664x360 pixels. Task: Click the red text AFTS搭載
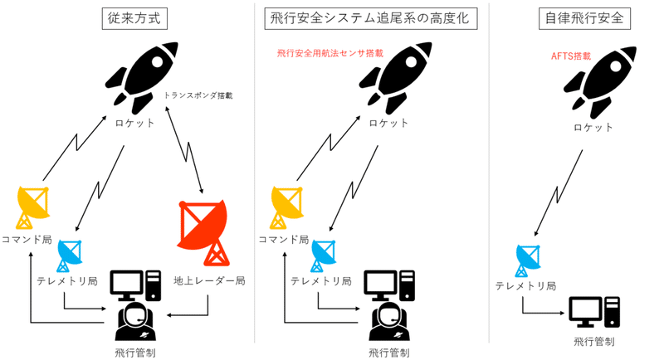pyautogui.click(x=570, y=56)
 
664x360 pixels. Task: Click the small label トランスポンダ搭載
pyautogui.click(x=198, y=95)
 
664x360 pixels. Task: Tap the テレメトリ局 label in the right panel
pyautogui.click(x=525, y=286)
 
